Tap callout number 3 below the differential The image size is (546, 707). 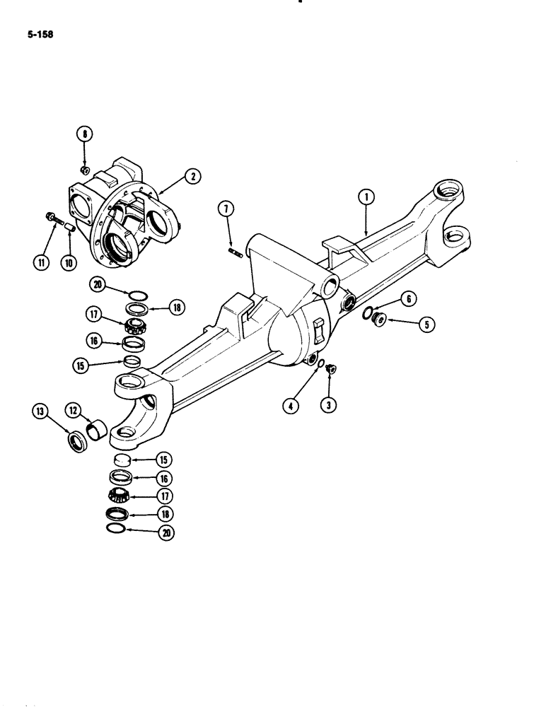(329, 406)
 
